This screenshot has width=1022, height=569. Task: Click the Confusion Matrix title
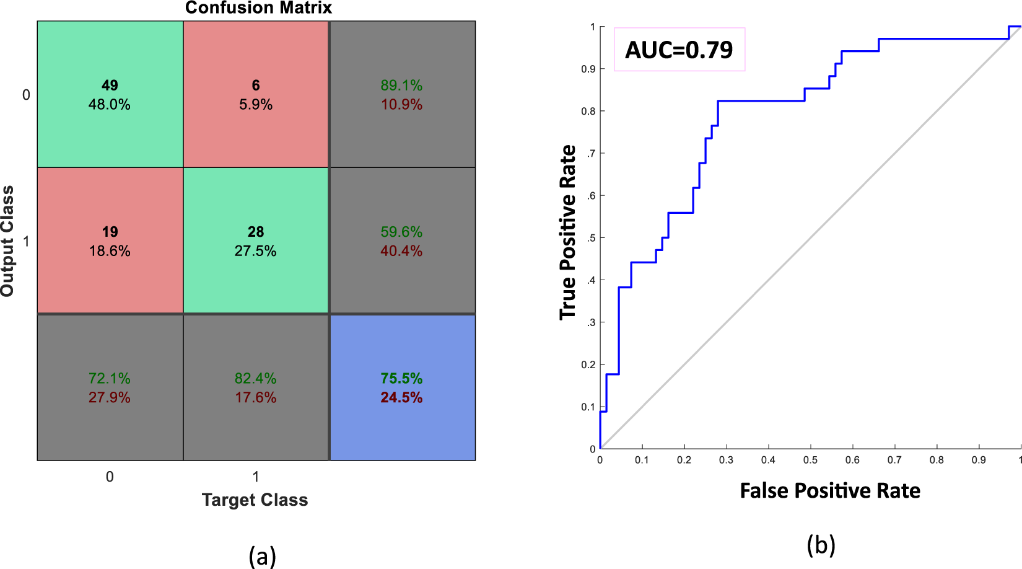tap(258, 8)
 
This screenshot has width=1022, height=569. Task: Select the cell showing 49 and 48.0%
tap(110, 94)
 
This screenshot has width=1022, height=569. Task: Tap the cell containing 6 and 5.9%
tap(255, 94)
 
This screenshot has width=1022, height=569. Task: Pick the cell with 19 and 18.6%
tap(110, 240)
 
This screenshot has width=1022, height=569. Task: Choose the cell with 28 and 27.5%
tap(255, 240)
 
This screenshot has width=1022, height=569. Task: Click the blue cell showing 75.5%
tap(402, 387)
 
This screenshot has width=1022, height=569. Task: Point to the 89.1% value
tap(401, 86)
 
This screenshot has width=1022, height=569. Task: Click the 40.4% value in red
tap(401, 251)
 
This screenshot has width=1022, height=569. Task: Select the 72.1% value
tap(110, 378)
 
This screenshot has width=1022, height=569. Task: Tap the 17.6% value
tap(255, 397)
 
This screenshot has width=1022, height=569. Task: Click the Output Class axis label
tap(7, 241)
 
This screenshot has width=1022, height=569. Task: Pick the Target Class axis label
tap(255, 500)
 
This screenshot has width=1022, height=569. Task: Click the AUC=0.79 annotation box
tap(679, 50)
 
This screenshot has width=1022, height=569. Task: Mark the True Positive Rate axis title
tap(567, 232)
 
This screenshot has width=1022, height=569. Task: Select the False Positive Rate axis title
tap(830, 491)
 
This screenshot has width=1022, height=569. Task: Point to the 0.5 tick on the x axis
tap(810, 460)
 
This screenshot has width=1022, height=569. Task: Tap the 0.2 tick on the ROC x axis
tap(684, 460)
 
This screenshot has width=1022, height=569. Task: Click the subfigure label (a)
tap(262, 555)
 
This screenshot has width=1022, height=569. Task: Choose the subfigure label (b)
tap(821, 545)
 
